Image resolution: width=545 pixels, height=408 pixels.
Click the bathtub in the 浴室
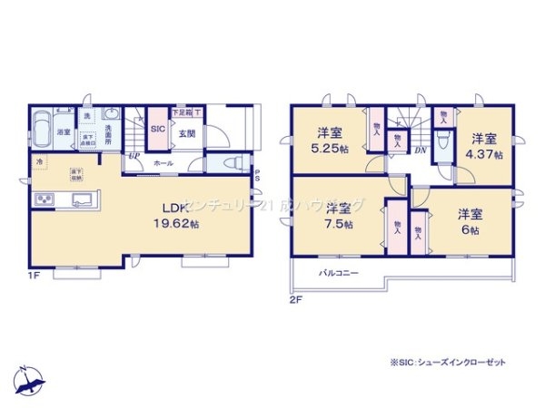pos(43,127)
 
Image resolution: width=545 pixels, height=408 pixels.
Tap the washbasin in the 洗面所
pos(111,115)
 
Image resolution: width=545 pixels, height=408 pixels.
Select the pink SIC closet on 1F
pos(156,130)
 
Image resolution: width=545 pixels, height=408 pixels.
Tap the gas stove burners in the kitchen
pos(43,200)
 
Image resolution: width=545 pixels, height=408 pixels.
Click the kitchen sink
pos(77,199)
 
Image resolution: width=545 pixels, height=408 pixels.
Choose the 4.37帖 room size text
pos(483,154)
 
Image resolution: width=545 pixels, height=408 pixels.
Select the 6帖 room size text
pos(470,229)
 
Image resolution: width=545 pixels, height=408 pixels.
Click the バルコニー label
pos(338,273)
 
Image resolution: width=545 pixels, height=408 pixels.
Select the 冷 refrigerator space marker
pos(40,162)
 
